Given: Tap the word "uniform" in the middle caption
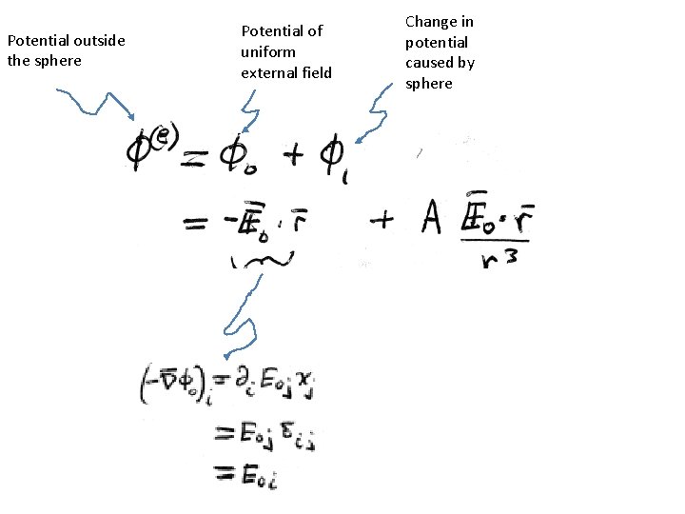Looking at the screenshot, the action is pyautogui.click(x=268, y=51).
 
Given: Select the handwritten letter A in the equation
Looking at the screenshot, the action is pyautogui.click(x=429, y=223).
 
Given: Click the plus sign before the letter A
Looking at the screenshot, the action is pyautogui.click(x=382, y=222).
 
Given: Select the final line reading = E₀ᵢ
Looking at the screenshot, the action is pyautogui.click(x=250, y=473).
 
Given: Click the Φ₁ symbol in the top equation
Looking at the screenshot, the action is pyautogui.click(x=335, y=157).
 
